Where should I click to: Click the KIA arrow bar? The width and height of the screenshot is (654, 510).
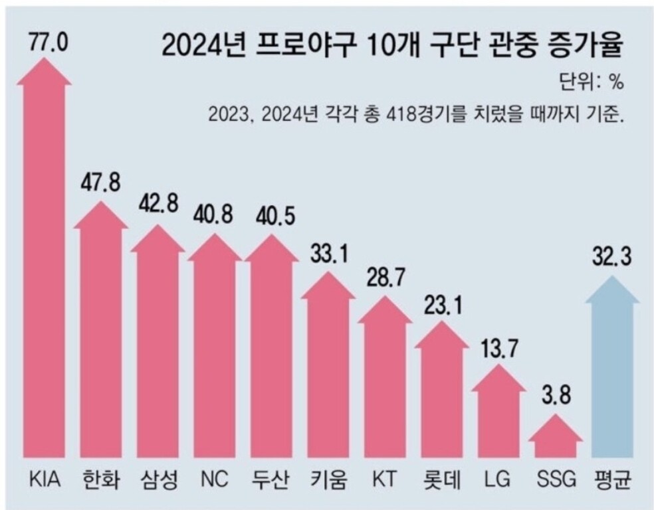click(44, 266)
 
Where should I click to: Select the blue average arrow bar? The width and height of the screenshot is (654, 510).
click(613, 372)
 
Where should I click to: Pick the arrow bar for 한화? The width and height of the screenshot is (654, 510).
click(101, 332)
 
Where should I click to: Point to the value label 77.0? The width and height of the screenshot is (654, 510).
click(45, 44)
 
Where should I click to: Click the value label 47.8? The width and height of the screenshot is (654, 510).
click(102, 183)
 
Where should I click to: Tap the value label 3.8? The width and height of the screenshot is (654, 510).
click(556, 400)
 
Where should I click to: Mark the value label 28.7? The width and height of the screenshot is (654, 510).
click(385, 279)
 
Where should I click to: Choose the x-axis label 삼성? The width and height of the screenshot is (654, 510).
click(159, 478)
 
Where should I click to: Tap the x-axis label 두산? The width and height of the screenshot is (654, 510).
click(272, 478)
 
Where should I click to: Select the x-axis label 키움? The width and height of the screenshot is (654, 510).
click(328, 478)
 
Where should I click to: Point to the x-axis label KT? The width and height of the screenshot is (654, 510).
click(385, 478)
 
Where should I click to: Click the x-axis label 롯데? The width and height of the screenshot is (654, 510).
click(442, 478)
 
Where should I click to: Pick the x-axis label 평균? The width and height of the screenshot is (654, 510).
click(613, 478)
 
